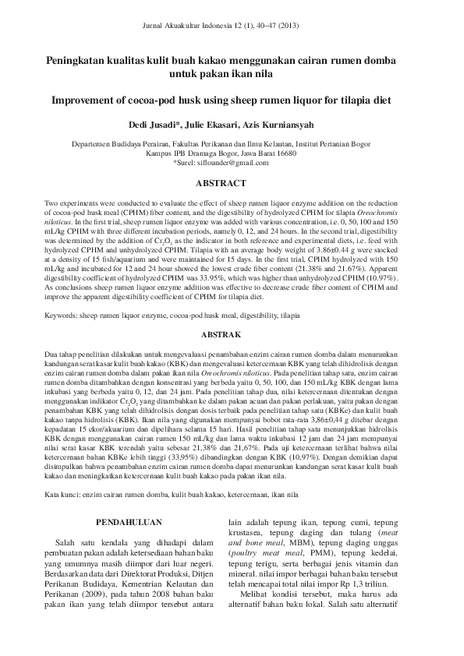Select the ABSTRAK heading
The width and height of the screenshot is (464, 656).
(x=232, y=334)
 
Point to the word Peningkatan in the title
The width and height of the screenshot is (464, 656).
(x=75, y=60)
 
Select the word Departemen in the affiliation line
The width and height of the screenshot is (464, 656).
(x=92, y=144)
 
